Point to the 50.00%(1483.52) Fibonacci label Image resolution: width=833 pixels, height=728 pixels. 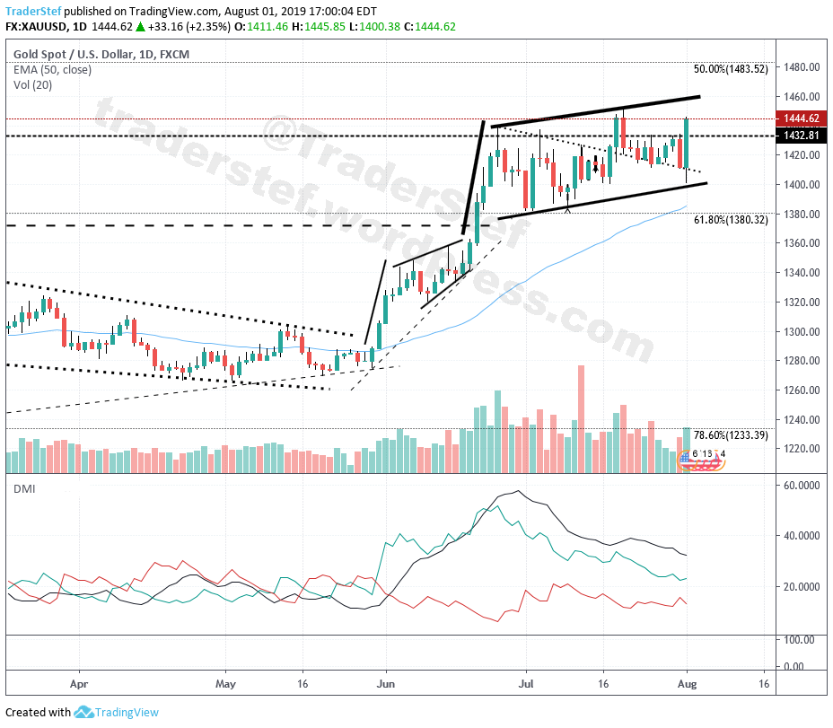(731, 68)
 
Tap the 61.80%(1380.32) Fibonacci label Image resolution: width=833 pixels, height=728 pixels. (731, 219)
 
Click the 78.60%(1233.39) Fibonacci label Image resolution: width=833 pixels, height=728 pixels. (731, 434)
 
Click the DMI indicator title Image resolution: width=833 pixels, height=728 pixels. (24, 488)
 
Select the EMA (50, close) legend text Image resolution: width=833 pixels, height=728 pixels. (52, 70)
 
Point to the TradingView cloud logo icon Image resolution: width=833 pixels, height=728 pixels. (84, 712)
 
